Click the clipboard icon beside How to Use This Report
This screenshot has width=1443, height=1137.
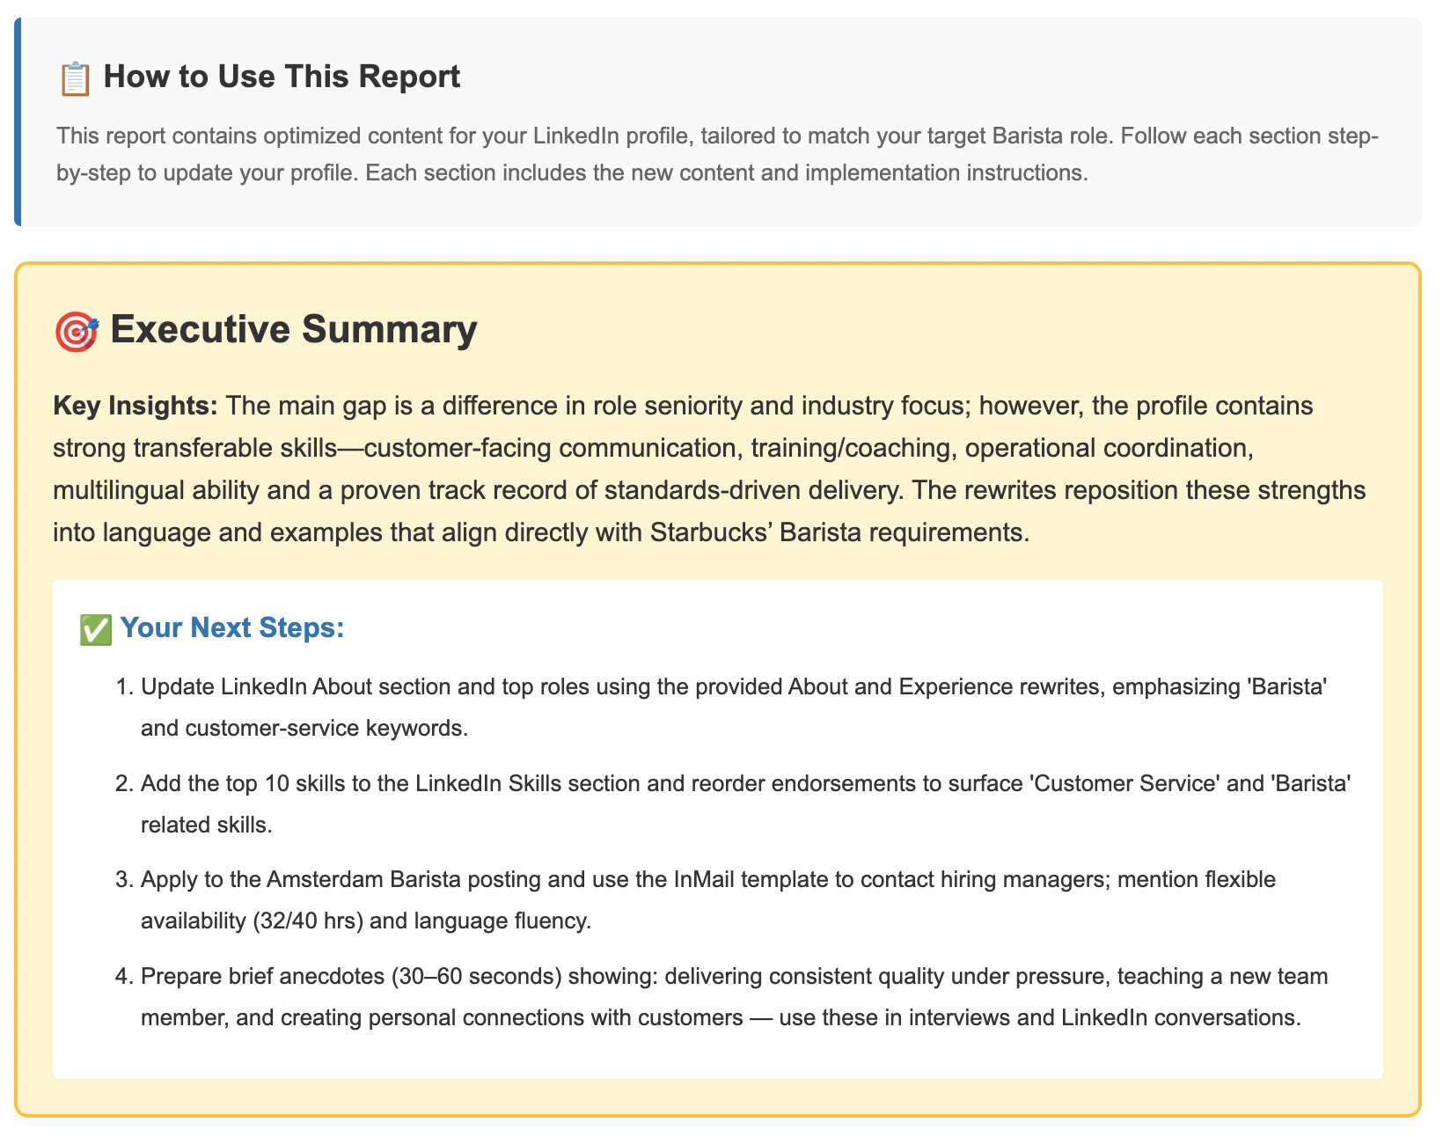pos(75,78)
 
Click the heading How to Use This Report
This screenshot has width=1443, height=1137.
pos(282,77)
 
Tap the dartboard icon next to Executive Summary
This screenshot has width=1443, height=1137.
pos(77,332)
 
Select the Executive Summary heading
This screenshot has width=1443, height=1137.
pos(294,330)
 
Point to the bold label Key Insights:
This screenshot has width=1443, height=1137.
pos(136,407)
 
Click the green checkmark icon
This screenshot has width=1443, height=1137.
pos(95,629)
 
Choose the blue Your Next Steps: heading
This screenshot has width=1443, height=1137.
pos(231,628)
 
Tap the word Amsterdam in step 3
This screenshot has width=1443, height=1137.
pos(325,879)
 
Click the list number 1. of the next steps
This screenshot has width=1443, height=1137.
pos(123,686)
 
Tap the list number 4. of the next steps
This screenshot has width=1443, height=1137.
pos(123,977)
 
